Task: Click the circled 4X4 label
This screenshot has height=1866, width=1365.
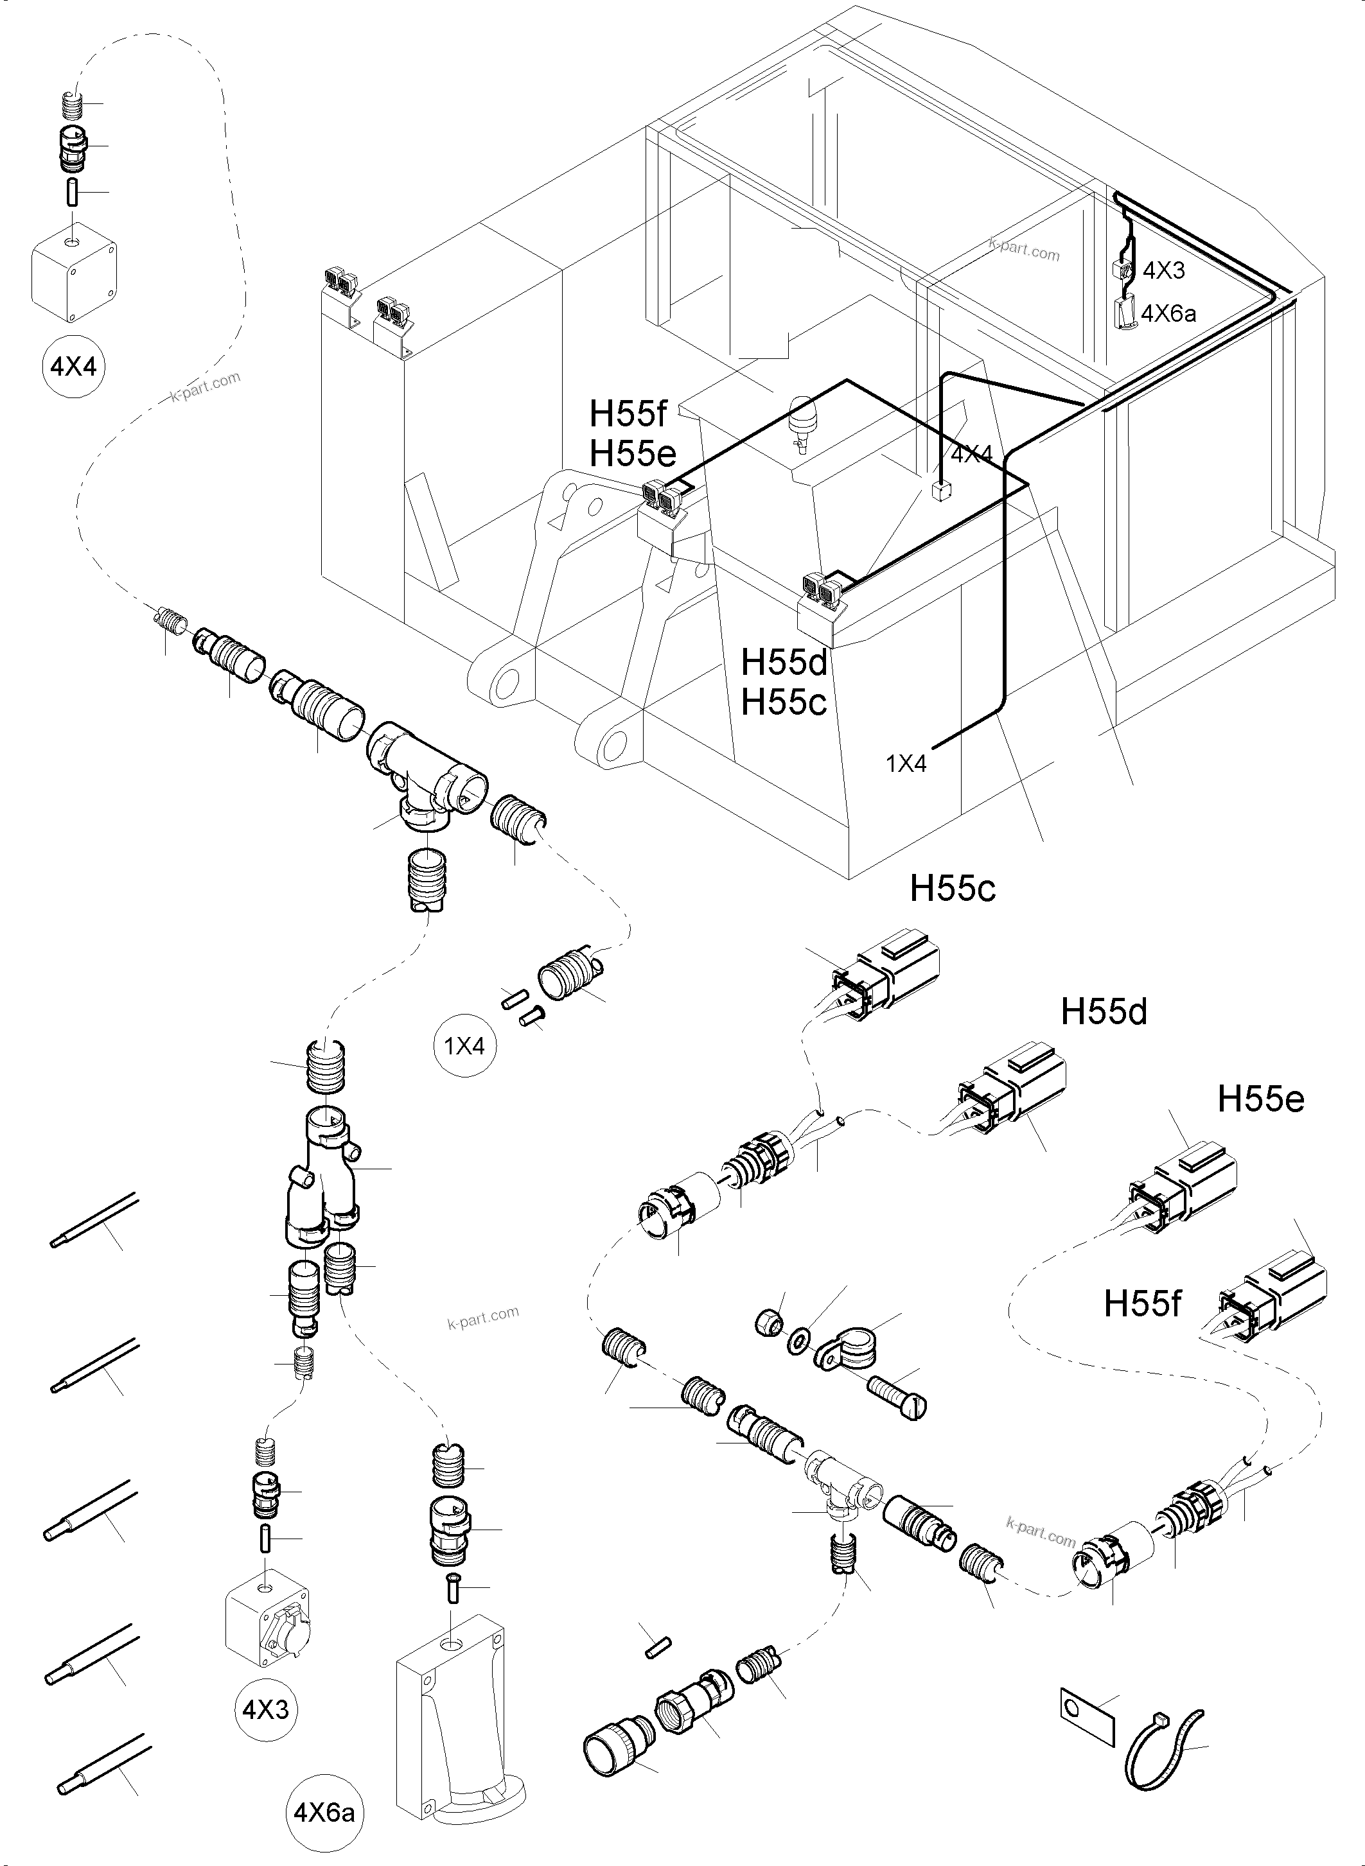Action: pyautogui.click(x=73, y=367)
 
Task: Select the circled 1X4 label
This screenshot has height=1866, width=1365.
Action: pyautogui.click(x=464, y=1046)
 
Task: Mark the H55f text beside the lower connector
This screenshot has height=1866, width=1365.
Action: pyautogui.click(x=1142, y=1304)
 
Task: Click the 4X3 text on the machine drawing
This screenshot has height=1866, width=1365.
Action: pyautogui.click(x=1163, y=270)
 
